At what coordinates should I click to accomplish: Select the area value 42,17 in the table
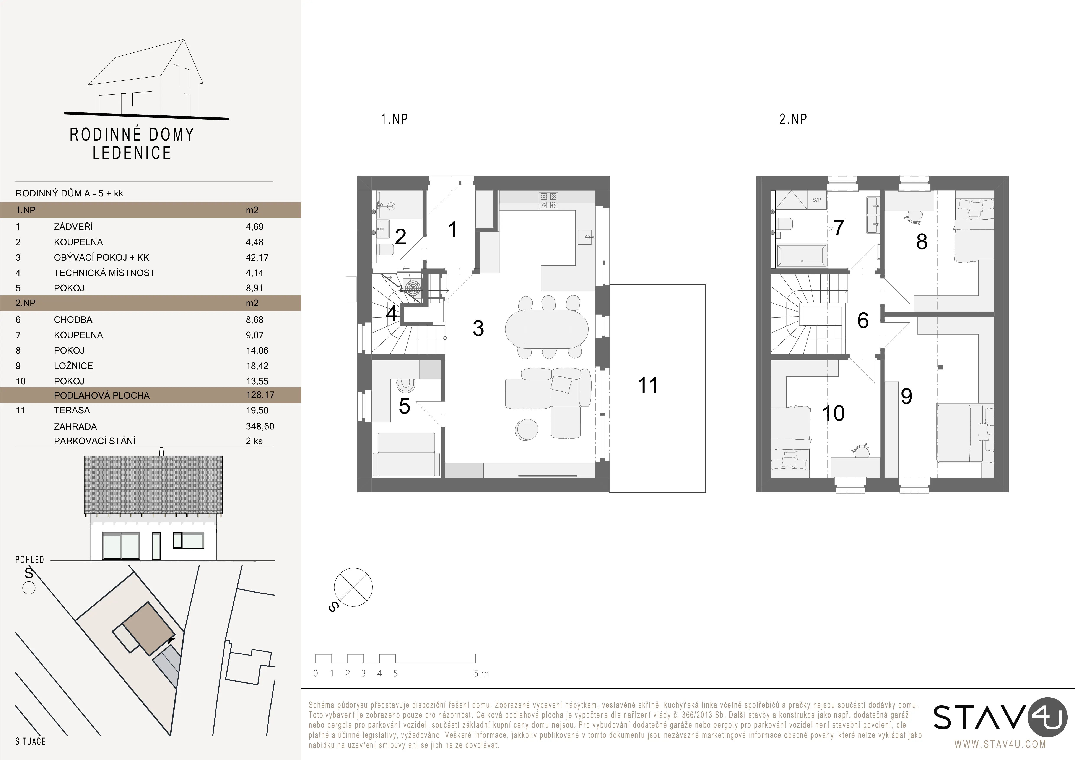(x=257, y=257)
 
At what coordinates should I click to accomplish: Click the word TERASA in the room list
(x=72, y=410)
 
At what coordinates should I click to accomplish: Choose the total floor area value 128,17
(x=260, y=395)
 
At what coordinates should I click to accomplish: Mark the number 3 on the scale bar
(x=363, y=673)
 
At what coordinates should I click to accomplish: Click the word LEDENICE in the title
(x=132, y=153)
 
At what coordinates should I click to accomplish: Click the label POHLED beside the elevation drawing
(x=30, y=560)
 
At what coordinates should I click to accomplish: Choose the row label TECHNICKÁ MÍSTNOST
(x=104, y=273)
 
